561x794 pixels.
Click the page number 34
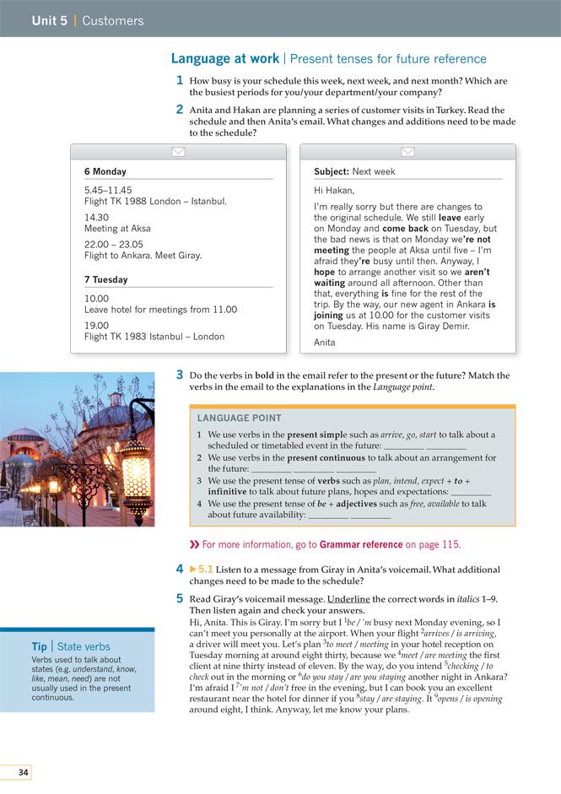click(23, 773)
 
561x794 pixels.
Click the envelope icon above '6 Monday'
click(178, 152)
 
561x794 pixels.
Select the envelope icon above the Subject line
click(407, 152)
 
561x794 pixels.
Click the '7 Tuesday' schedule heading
click(105, 279)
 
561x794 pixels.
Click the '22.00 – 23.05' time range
click(119, 243)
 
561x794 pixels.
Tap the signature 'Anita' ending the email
click(325, 343)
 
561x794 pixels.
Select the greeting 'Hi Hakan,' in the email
click(334, 191)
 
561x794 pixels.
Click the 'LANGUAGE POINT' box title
click(240, 419)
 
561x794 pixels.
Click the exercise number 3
click(180, 375)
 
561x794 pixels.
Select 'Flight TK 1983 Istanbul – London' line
click(154, 337)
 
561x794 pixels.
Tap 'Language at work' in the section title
click(225, 59)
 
